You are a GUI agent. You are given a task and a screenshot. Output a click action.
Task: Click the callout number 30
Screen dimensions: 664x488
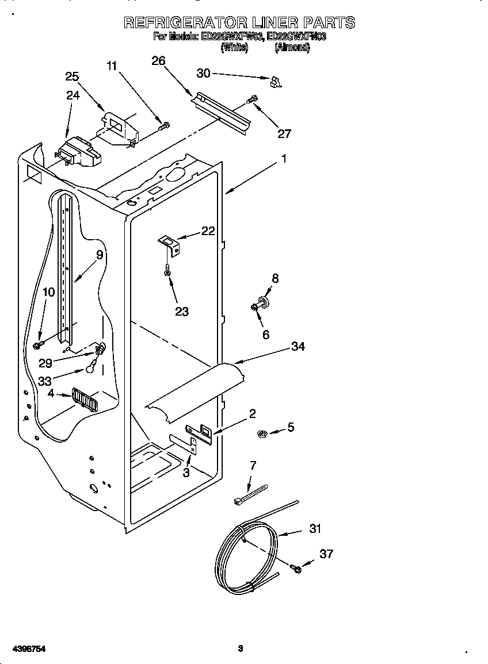click(x=204, y=73)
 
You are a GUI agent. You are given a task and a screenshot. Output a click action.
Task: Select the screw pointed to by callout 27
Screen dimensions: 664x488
click(x=251, y=100)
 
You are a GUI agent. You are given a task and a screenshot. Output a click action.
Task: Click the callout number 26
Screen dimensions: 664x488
click(x=158, y=60)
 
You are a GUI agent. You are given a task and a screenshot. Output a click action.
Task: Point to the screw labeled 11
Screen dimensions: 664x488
click(x=165, y=124)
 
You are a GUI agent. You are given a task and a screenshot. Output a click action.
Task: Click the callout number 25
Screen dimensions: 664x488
click(x=72, y=77)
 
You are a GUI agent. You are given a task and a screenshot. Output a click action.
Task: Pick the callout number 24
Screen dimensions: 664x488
click(x=73, y=95)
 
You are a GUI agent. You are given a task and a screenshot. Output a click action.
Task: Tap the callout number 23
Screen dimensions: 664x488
click(x=182, y=312)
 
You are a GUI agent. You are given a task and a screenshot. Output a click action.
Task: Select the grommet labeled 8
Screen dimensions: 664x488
click(x=266, y=300)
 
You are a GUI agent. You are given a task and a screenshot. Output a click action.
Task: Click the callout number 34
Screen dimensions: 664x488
click(x=298, y=346)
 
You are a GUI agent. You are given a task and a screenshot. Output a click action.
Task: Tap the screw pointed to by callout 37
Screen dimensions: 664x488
click(x=296, y=569)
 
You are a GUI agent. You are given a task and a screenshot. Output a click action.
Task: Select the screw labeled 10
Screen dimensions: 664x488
click(x=39, y=344)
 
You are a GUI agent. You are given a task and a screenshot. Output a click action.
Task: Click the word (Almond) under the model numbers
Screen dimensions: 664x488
click(x=292, y=48)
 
